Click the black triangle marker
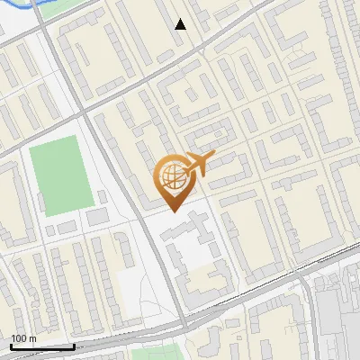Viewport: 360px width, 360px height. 181,24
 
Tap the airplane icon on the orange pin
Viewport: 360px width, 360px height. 198,164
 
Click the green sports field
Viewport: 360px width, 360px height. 60,175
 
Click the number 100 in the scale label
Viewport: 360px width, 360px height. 18,338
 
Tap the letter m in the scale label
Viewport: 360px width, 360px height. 32,338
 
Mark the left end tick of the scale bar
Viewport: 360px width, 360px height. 11,346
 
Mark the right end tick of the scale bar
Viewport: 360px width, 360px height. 74,346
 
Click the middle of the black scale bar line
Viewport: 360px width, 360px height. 42,346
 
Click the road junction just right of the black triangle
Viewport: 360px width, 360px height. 203,34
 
